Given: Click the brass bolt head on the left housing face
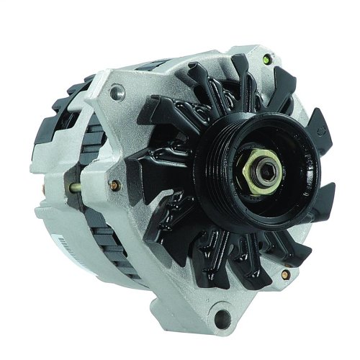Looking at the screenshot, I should [x=113, y=185].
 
